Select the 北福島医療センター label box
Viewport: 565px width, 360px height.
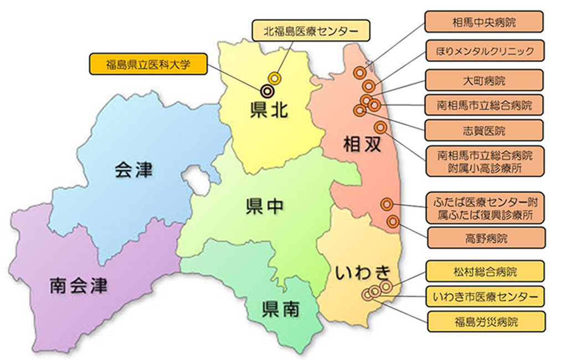tap(310, 30)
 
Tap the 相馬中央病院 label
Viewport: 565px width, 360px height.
tap(484, 23)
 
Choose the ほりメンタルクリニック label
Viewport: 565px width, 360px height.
tap(484, 52)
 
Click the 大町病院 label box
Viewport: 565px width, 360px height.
tap(484, 81)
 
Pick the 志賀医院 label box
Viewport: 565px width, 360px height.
tap(484, 131)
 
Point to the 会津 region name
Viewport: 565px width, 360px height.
tap(133, 170)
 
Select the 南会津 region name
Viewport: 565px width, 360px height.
tap(78, 286)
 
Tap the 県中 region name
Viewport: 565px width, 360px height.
tap(264, 206)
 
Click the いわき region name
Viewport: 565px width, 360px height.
tap(363, 272)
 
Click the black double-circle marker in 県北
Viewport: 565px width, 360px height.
tap(267, 90)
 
